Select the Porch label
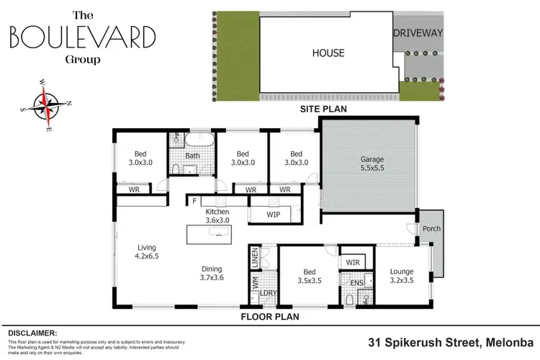coord(431,229)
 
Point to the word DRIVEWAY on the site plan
coord(417,33)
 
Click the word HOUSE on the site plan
coord(328,53)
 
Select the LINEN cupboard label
coord(254,256)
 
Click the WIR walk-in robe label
coord(353,263)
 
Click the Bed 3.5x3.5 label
coord(309,276)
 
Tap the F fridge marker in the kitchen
coord(194,202)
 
